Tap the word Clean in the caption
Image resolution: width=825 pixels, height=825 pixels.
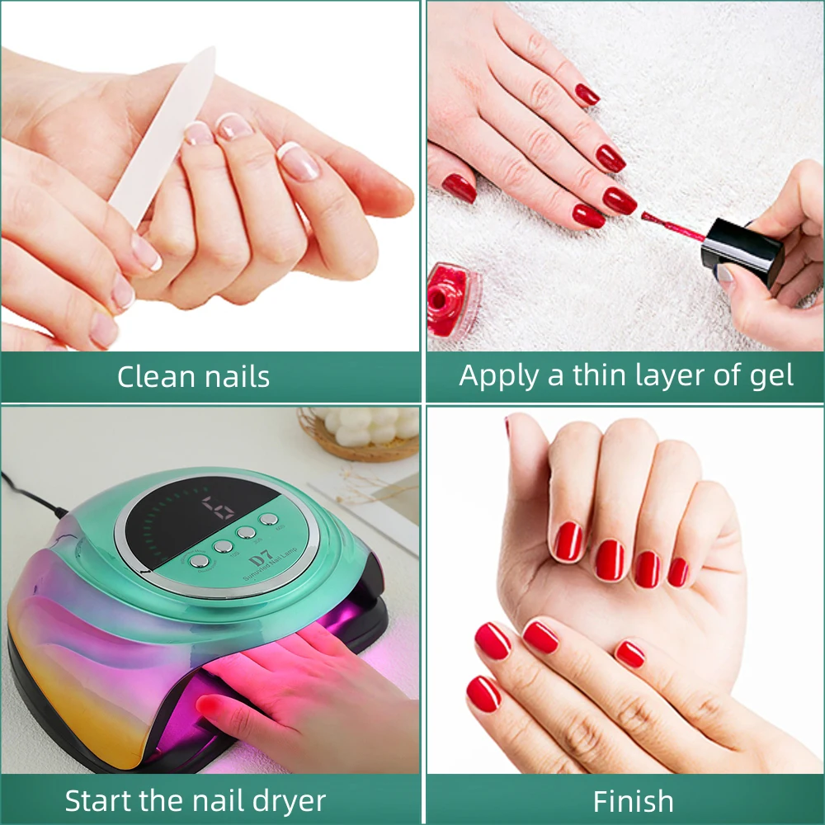(152, 377)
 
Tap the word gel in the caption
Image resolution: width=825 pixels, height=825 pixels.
(771, 376)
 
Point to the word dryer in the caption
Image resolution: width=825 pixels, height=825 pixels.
(285, 800)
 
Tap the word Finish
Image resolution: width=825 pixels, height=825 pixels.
(633, 800)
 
